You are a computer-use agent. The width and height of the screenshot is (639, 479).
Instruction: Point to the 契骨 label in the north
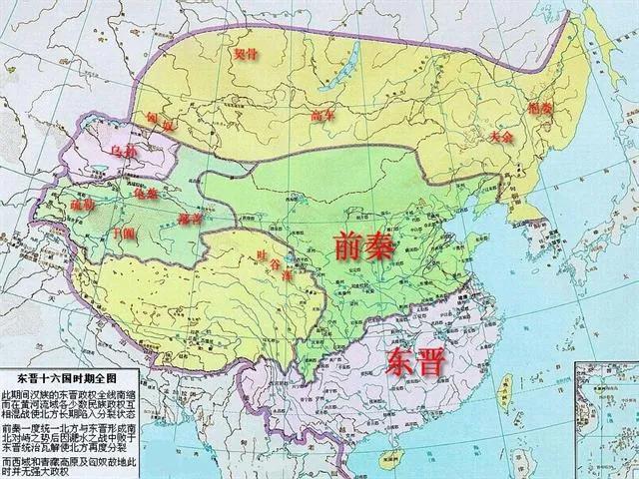pyautogui.click(x=246, y=58)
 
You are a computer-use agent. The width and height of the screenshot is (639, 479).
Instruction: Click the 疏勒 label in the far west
pyautogui.click(x=83, y=205)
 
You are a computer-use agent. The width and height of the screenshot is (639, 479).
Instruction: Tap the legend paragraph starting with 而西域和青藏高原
pyautogui.click(x=76, y=466)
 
